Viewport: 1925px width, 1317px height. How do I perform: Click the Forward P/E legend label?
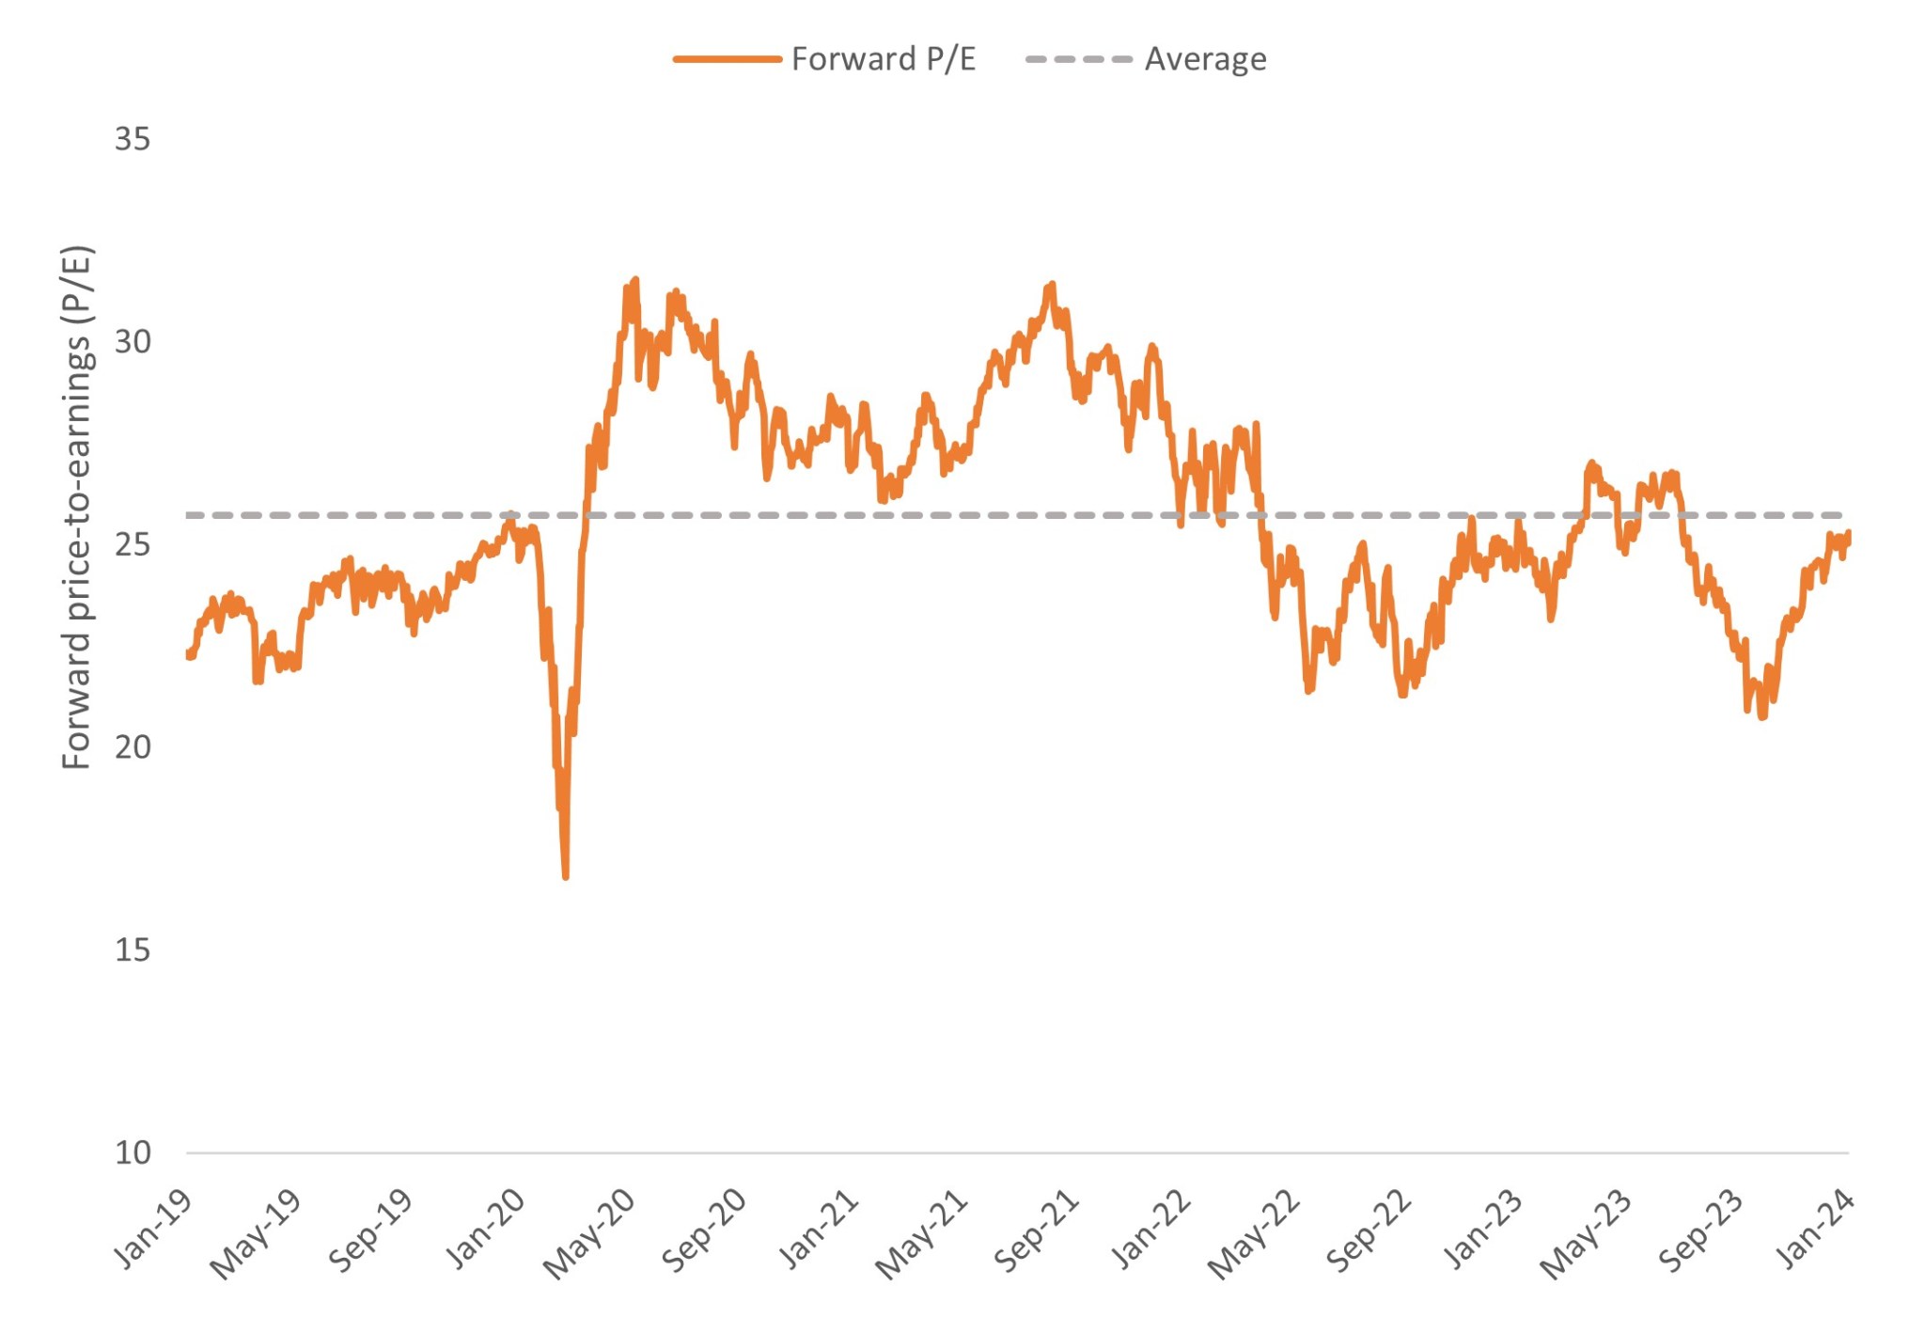[883, 59]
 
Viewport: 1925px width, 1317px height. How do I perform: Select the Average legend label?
[1205, 59]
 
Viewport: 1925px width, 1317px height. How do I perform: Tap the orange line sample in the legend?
[727, 59]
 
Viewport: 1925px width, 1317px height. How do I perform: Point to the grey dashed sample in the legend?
[1079, 59]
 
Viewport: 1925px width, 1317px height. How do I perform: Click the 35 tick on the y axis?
[133, 139]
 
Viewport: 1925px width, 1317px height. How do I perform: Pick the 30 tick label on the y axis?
[133, 342]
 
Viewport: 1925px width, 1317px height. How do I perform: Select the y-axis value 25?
[133, 544]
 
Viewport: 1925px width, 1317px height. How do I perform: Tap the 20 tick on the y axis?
[133, 747]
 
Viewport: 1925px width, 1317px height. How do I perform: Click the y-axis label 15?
[133, 949]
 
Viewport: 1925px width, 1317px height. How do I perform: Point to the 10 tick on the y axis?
[133, 1152]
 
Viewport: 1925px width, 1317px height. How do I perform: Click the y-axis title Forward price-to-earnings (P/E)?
[77, 508]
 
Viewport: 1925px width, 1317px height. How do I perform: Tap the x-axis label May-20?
[590, 1233]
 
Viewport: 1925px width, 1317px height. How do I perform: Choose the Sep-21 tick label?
[1036, 1231]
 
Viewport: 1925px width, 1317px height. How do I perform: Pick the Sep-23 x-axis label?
[1701, 1231]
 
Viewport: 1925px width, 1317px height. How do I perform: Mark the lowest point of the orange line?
[566, 877]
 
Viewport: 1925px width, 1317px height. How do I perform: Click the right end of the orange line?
[1849, 533]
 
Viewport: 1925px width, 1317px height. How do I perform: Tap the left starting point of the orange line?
[188, 654]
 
